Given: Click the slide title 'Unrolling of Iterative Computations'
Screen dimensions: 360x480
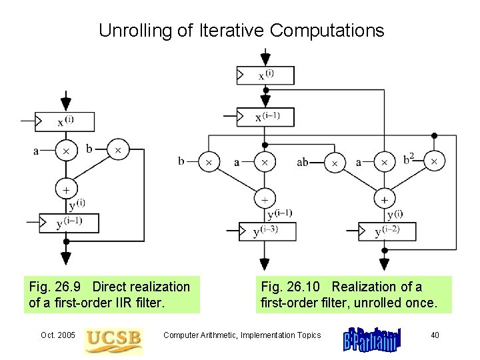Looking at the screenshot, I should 241,30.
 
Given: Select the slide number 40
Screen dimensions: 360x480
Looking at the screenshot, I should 435,335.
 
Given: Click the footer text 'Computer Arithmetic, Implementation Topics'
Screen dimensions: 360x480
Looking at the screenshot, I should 242,335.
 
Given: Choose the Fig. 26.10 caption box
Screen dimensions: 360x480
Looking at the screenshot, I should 356,294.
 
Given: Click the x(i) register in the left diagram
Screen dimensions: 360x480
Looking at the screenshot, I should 65,122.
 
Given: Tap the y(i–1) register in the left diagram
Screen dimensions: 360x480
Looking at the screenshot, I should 69,223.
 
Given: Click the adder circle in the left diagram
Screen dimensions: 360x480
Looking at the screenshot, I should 66,189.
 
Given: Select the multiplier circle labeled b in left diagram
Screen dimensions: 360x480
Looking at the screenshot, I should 118,151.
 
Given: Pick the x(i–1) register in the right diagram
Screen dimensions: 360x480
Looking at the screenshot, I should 265,117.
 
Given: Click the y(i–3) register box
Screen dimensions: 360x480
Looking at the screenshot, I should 265,231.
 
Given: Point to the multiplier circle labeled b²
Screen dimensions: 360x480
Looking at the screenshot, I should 435,161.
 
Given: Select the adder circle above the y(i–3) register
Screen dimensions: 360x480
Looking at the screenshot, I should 265,199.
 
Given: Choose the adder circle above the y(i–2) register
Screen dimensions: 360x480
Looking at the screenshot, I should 385,199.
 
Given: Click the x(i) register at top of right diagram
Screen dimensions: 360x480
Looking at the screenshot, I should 265,75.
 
